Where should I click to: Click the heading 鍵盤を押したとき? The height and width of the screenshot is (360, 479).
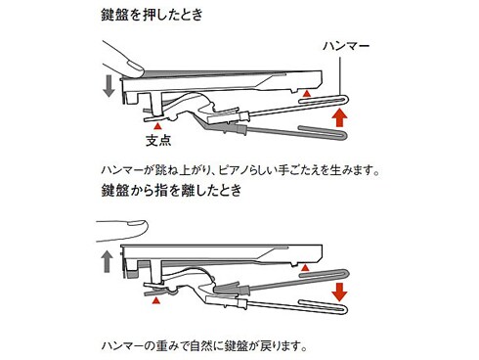tap(152, 15)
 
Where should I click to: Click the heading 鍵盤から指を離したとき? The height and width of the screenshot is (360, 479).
tap(172, 190)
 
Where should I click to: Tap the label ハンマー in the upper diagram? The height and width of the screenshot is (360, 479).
tap(346, 46)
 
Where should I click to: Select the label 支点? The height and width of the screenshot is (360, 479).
tap(158, 141)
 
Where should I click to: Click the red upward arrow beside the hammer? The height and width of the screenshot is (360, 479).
tap(339, 117)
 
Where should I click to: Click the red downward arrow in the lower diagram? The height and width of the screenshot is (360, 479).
tap(339, 292)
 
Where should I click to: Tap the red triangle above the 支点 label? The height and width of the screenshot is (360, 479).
tap(157, 125)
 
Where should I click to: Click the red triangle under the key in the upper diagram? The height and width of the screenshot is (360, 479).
tap(306, 94)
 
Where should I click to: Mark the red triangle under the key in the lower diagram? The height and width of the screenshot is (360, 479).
tap(305, 268)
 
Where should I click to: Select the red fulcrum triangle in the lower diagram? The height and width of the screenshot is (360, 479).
tap(156, 300)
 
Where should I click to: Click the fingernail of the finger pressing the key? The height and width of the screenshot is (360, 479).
tap(134, 65)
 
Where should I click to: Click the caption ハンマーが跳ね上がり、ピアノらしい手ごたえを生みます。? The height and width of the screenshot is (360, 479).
tap(240, 170)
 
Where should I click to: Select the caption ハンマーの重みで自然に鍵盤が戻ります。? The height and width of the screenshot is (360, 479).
tap(204, 346)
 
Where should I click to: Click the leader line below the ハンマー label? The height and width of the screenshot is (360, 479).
tap(340, 77)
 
